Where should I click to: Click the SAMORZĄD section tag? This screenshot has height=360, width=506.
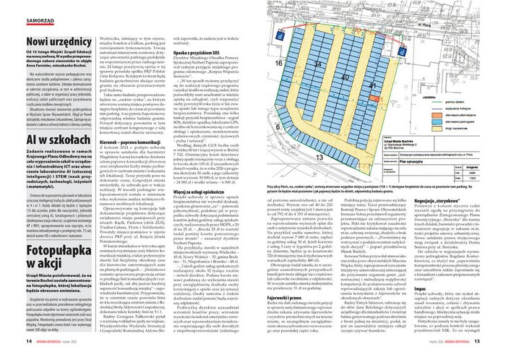coord(22,14)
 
